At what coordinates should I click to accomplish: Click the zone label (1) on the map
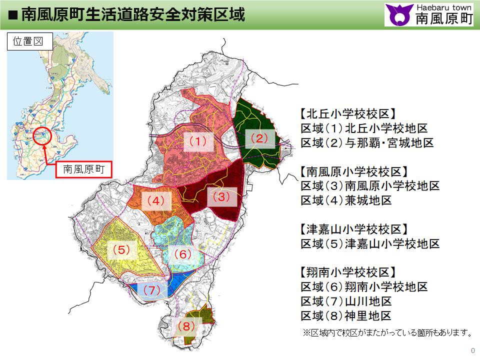coord(197,142)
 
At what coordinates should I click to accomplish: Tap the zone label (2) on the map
coord(259,137)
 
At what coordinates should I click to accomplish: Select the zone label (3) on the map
coord(221,197)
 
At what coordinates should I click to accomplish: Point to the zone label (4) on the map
coord(155,201)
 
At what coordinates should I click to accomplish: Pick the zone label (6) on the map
coord(182,254)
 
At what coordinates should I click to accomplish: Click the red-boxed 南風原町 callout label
coord(83,169)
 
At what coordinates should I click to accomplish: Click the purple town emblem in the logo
coord(399,15)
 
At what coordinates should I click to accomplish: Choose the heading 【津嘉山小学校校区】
coord(354,229)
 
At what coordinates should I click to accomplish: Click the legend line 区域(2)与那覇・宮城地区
coord(367,143)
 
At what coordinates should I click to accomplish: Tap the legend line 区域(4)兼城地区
coord(346,200)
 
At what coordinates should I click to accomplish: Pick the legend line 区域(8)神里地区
coord(346,316)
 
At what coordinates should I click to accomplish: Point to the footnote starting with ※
coord(387,332)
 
